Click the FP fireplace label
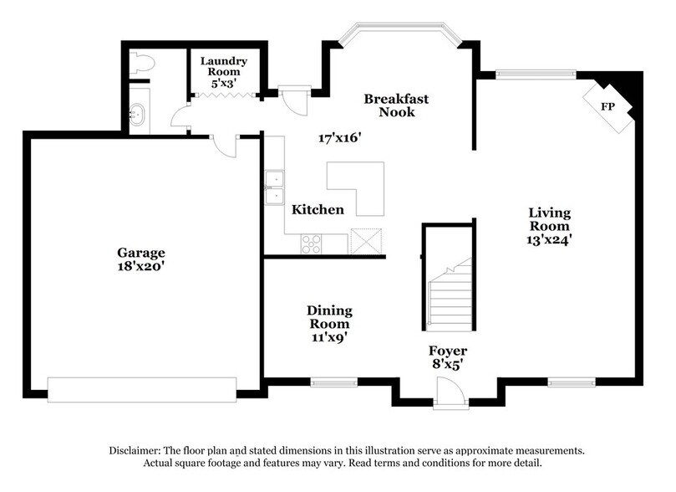pos(608,106)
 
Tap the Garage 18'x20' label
pos(140,259)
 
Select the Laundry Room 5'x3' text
pos(222,72)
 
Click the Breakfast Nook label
pos(396,105)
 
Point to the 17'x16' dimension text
pos(339,137)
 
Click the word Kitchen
pos(318,209)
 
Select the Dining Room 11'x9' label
pos(330,324)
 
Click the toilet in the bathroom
pos(141,62)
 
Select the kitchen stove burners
pos(311,243)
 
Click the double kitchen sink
pos(273,187)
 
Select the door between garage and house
pos(223,146)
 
